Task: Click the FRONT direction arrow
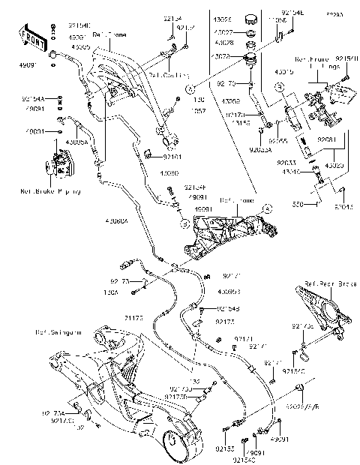tap(31, 37)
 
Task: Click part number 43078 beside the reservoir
tap(221, 56)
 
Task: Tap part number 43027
tap(223, 32)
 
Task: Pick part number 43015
tap(304, 72)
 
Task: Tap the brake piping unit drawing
tap(59, 163)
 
